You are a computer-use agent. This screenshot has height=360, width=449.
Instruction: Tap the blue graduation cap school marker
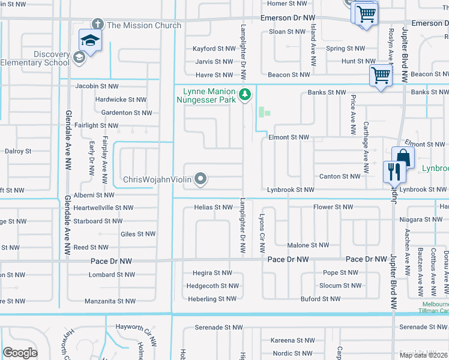coord(90,40)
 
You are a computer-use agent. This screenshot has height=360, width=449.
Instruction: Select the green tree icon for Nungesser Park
coord(244,94)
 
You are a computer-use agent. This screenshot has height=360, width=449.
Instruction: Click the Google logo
coord(20,353)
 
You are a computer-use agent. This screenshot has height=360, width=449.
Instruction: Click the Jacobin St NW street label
coord(100,86)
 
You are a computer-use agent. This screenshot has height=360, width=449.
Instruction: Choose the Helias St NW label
coord(213,208)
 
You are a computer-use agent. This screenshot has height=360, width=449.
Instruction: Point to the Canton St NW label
coord(340,176)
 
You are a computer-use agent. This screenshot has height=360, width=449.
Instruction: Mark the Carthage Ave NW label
coord(366,138)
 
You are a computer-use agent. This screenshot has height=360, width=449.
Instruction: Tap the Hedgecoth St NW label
coord(211,286)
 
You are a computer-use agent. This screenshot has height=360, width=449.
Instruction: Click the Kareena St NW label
coord(292,340)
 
